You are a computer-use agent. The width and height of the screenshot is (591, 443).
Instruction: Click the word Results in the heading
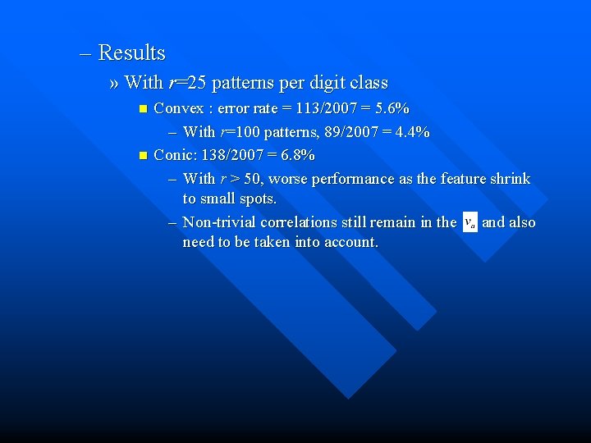point(131,53)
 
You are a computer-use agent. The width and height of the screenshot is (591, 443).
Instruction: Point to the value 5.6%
point(392,108)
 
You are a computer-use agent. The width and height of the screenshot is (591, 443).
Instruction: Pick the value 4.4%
point(412,132)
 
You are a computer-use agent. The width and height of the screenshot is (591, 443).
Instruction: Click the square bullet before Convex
point(142,108)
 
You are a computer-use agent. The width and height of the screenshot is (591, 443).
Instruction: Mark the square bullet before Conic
point(142,155)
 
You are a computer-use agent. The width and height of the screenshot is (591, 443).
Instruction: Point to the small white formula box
point(470,222)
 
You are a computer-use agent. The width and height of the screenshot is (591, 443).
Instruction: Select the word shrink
point(511,179)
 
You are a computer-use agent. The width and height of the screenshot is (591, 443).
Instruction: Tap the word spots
point(256,199)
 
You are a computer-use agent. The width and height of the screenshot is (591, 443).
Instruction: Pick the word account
point(350,242)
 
